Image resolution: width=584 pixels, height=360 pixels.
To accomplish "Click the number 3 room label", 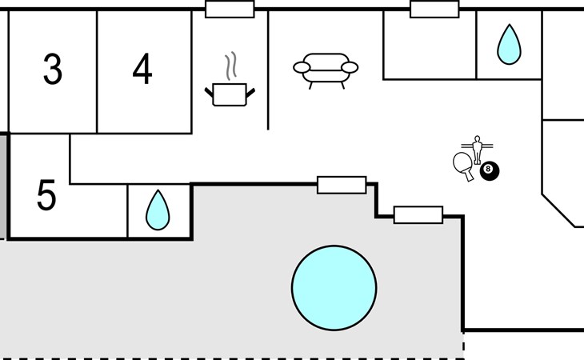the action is point(53,69).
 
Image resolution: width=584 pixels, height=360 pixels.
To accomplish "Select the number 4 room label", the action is point(142,69).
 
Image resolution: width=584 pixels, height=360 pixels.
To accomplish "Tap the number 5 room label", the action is point(46,195).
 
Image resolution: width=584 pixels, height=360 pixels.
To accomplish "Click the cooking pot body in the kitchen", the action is point(230,94).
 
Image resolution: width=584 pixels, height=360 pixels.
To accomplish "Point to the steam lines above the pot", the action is point(231,66).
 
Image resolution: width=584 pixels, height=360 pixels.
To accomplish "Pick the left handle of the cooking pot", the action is point(209,92).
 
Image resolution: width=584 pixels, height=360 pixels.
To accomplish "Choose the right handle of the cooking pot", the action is point(250,93).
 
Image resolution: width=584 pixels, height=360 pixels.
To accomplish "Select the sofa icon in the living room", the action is point(326,70).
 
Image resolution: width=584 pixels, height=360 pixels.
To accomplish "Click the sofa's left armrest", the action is point(302,67).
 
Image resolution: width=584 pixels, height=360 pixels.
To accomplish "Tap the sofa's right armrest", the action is point(350,67).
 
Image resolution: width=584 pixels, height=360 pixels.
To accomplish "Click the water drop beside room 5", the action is point(158,210).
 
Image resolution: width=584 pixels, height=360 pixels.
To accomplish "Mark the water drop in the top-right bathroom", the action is point(509,45).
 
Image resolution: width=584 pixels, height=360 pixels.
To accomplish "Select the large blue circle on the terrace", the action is point(334,288).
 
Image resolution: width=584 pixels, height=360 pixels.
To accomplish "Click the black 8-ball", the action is point(490,171).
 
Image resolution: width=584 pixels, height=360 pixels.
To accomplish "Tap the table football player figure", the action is point(477,150).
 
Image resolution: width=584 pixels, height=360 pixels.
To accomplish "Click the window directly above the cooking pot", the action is point(230,10).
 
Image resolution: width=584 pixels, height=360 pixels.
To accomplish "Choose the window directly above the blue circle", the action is point(342,185).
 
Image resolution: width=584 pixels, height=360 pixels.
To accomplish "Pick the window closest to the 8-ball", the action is point(418,215).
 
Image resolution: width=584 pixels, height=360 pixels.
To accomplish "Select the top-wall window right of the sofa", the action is point(434,10).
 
